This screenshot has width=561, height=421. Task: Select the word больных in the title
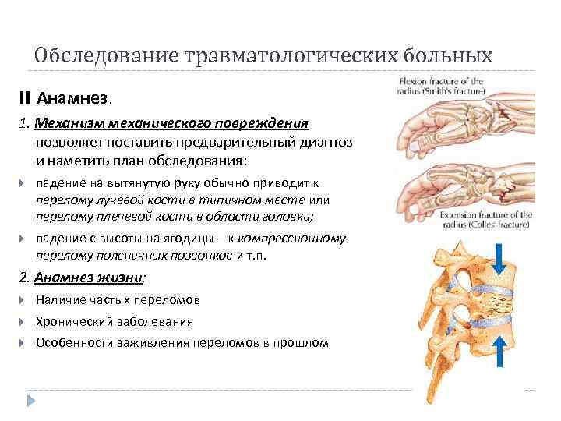pos(448,56)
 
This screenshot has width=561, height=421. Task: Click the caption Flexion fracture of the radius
pos(441,86)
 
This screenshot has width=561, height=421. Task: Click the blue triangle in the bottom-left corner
pos(31,400)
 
